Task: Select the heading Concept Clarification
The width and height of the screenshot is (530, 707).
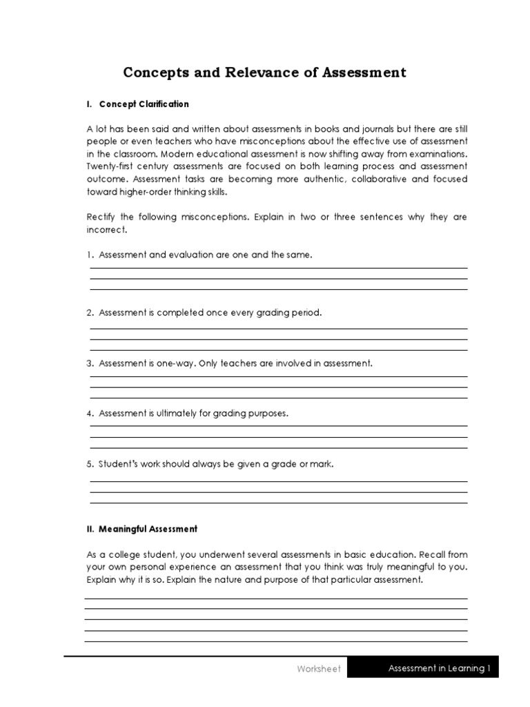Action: pos(144,104)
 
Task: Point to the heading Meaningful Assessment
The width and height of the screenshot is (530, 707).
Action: pos(148,529)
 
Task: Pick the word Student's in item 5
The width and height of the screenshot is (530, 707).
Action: pos(118,464)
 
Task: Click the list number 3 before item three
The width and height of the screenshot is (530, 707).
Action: pos(90,363)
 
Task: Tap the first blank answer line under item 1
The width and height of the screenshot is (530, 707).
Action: pos(278,269)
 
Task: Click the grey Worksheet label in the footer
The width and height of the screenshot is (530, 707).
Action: pos(319,668)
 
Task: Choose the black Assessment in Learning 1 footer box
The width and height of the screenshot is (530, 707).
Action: pos(423,668)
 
